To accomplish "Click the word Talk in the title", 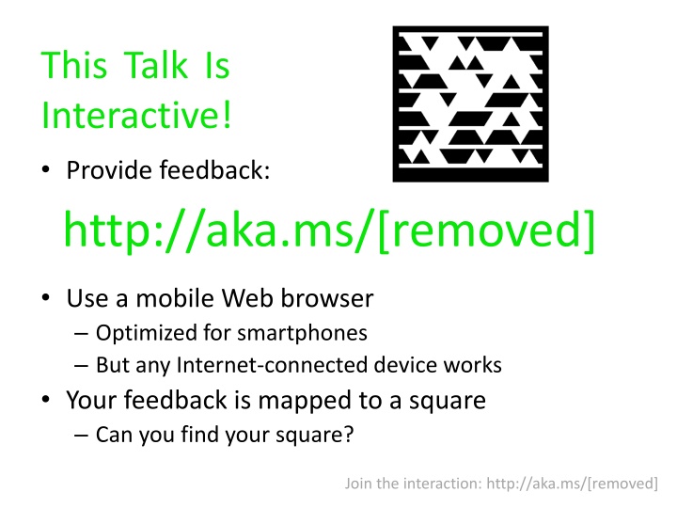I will [x=146, y=67].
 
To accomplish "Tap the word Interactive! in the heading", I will [x=136, y=117].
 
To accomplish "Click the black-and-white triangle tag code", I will [x=470, y=103].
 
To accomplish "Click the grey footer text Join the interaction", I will [x=414, y=484].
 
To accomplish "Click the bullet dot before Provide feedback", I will [x=46, y=172].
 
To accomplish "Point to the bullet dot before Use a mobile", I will [x=46, y=300].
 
